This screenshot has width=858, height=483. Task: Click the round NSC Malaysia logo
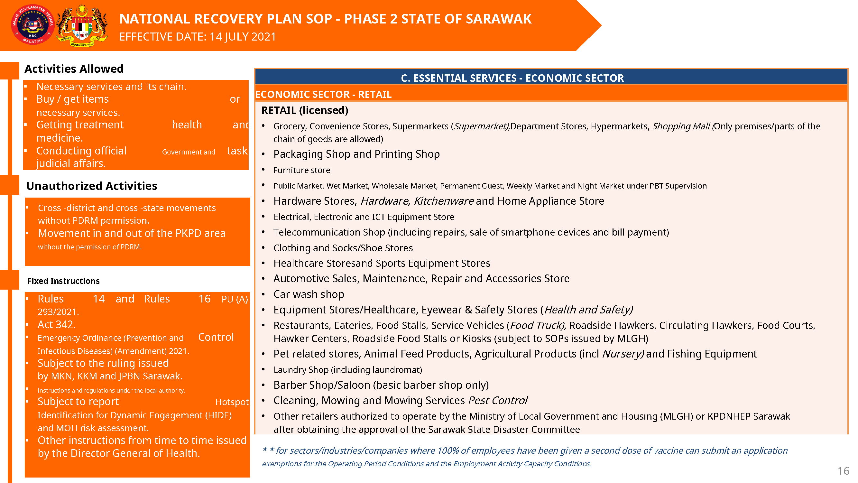(32, 25)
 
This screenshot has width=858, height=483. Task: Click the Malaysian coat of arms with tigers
(82, 25)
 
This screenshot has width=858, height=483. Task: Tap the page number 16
(843, 471)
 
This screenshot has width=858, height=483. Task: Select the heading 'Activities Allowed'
(74, 69)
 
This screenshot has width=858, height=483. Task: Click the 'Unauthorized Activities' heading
(92, 186)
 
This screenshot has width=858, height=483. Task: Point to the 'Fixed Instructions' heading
(63, 281)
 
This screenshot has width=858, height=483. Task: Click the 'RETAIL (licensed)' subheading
(305, 110)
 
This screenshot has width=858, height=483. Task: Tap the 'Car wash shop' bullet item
(309, 294)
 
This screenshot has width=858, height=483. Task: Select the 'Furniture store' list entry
(302, 170)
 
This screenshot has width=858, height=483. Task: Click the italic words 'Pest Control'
(498, 400)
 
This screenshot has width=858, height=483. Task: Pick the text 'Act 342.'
(57, 324)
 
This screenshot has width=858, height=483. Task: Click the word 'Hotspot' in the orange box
(232, 402)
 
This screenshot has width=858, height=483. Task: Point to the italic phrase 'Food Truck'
(537, 325)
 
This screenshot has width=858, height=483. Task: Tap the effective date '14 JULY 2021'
(243, 37)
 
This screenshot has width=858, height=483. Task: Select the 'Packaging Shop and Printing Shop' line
(356, 154)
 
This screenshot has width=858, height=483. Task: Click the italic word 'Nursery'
(622, 354)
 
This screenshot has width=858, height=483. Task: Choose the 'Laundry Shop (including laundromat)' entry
(348, 370)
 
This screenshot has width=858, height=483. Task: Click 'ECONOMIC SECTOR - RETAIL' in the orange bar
(324, 95)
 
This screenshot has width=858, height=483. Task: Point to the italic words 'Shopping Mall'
(681, 126)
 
